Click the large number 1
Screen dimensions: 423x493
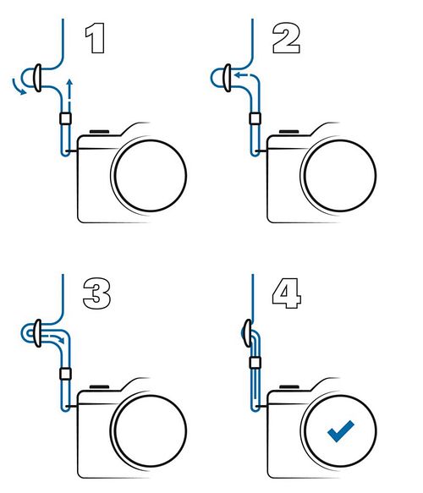[x=96, y=38]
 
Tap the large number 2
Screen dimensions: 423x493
[x=286, y=38]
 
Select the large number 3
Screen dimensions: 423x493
[x=96, y=293]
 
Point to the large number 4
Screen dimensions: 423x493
[x=287, y=293]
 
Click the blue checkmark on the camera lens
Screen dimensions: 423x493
[x=340, y=431]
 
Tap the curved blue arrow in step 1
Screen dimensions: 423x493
[x=17, y=88]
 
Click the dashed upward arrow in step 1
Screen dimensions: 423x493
[x=70, y=94]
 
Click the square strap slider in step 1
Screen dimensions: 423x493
[x=65, y=118]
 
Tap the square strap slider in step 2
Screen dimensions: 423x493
[x=255, y=118]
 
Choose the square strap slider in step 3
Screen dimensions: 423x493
[x=65, y=374]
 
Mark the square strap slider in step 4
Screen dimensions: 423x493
[x=255, y=363]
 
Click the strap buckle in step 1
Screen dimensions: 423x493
[x=37, y=78]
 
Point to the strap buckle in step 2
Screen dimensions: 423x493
[x=227, y=78]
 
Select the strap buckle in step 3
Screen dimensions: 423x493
[x=37, y=333]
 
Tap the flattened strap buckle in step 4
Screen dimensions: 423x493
[x=248, y=333]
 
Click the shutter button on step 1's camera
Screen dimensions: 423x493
[x=99, y=132]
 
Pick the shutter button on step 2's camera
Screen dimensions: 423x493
[x=289, y=132]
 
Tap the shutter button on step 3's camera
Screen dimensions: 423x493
[x=99, y=387]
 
